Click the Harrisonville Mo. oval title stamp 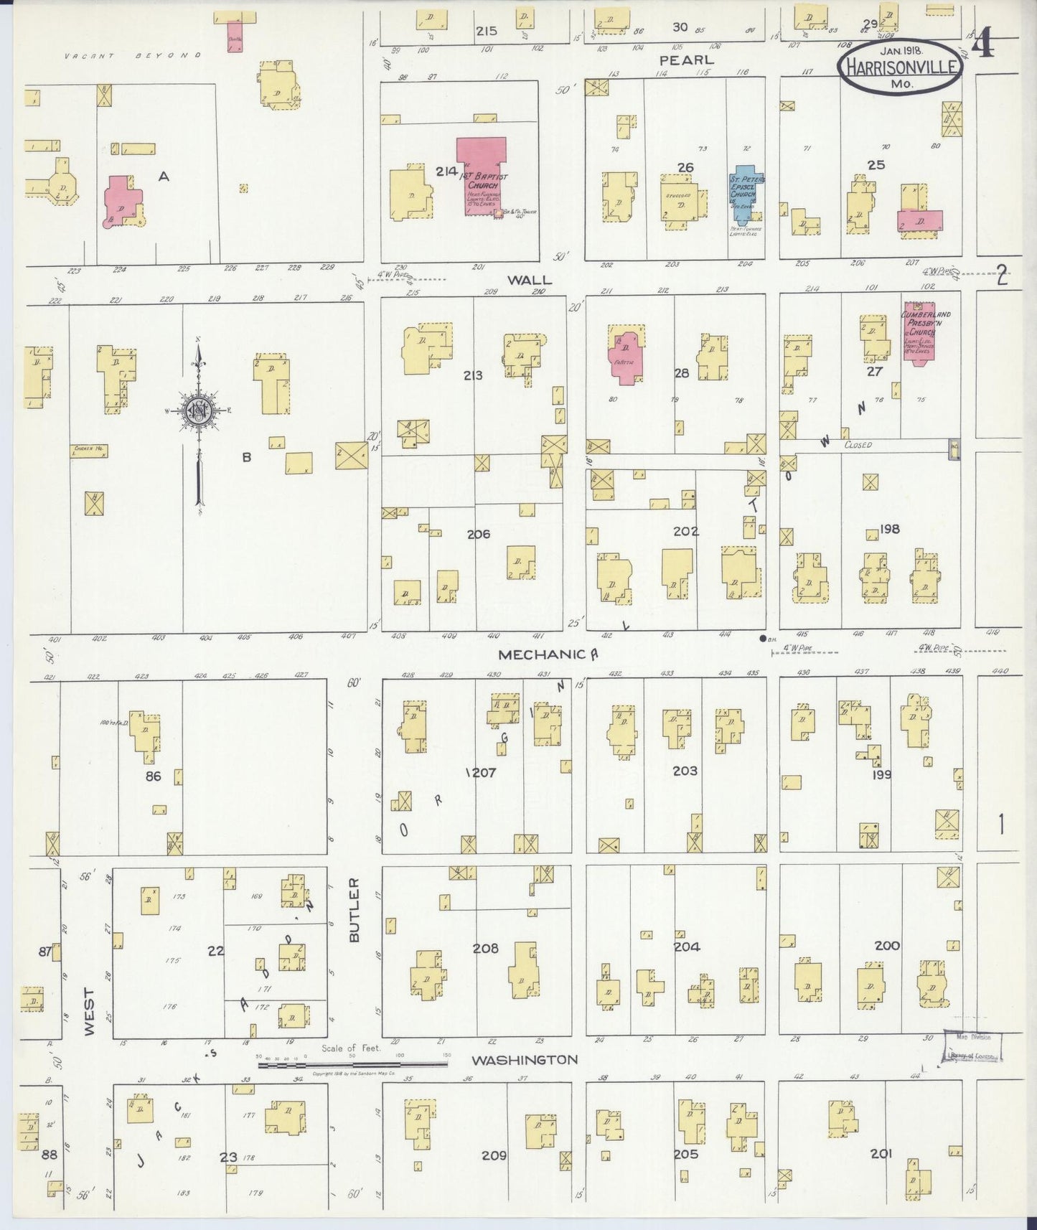click(x=901, y=66)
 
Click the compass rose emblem click(x=197, y=410)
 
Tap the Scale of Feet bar click(x=352, y=1064)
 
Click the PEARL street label click(x=687, y=60)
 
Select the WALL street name click(x=530, y=281)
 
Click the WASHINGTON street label click(x=524, y=1060)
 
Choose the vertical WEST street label click(x=89, y=1011)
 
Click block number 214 click(x=446, y=171)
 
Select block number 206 click(x=478, y=534)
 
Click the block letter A click(x=164, y=176)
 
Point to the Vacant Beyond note click(x=133, y=55)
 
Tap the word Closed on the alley click(x=858, y=445)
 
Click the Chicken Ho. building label click(x=89, y=450)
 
